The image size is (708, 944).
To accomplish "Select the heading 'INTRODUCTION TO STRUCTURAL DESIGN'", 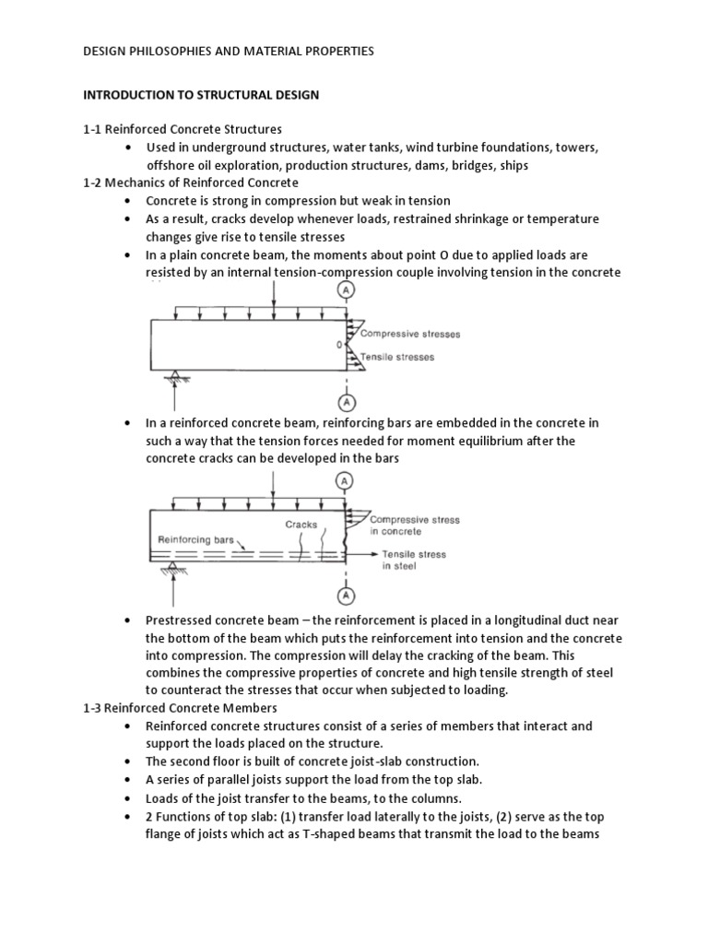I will pyautogui.click(x=203, y=95).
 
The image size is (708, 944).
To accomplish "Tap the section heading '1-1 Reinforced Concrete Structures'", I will pyautogui.click(x=183, y=130).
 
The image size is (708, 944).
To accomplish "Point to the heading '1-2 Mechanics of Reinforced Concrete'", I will pyautogui.click(x=191, y=183).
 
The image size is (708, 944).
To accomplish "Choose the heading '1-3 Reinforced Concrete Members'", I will pyautogui.click(x=180, y=708).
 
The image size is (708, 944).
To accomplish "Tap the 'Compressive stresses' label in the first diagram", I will pyautogui.click(x=410, y=335).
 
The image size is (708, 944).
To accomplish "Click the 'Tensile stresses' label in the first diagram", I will pyautogui.click(x=396, y=357).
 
